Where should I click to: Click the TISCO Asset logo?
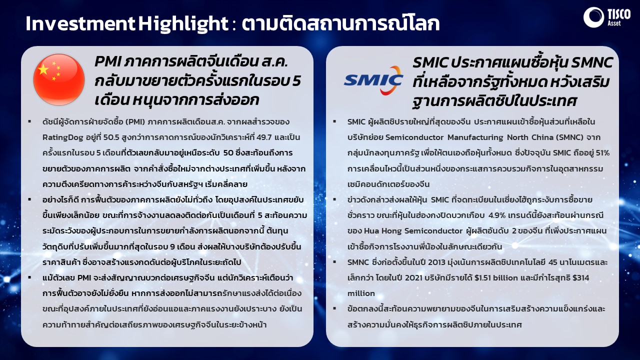pos(607,17)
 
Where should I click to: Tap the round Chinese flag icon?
pos(59,79)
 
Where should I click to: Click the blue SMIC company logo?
pos(373,80)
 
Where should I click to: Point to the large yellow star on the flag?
pos(43,69)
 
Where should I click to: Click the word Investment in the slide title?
pos(80,23)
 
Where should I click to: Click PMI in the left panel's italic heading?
pos(108,62)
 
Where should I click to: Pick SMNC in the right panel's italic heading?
pos(591,62)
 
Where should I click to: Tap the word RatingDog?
pos(63,137)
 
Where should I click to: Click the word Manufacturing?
pos(475,137)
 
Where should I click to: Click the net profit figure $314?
pos(580,277)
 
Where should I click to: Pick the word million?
pos(361,293)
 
